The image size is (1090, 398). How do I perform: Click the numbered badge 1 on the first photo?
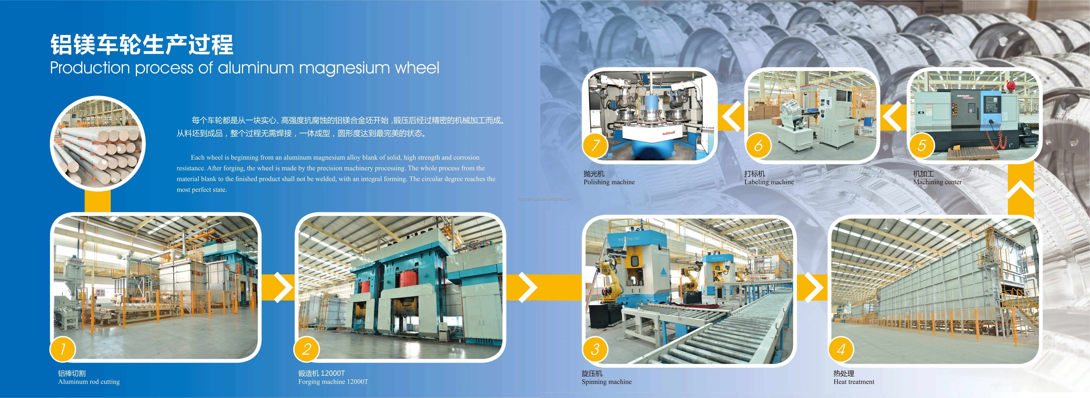coord(63,349)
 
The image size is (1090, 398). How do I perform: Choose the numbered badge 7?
coord(595,145)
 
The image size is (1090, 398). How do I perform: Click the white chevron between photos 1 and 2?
coord(284,288)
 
